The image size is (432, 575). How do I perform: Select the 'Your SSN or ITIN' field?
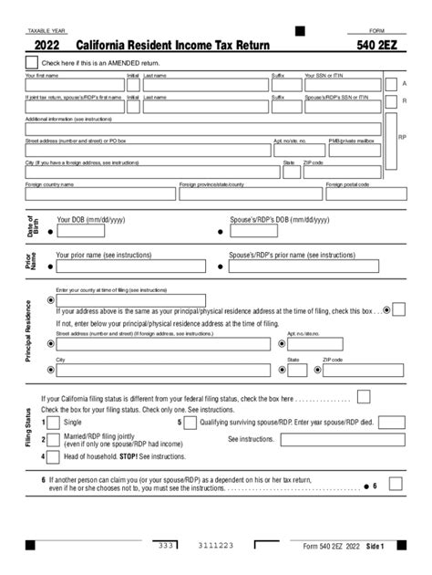(x=343, y=85)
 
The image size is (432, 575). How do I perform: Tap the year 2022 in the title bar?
(x=47, y=44)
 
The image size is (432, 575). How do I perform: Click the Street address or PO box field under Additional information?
(x=147, y=151)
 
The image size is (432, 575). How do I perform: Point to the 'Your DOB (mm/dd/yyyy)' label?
(x=91, y=220)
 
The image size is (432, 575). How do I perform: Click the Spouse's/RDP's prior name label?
(x=285, y=256)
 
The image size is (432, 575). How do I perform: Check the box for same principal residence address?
(x=398, y=310)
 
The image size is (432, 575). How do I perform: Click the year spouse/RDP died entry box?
(x=392, y=423)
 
